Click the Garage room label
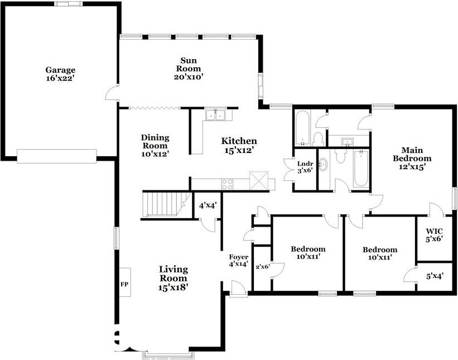(60, 74)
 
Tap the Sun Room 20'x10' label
(189, 69)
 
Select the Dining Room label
(155, 146)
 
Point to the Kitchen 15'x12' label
(239, 145)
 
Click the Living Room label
(173, 278)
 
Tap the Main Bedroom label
(412, 158)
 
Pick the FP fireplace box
(125, 282)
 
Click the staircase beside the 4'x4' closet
(166, 204)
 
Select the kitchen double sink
(215, 114)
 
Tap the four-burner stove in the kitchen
(227, 184)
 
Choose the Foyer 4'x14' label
(238, 260)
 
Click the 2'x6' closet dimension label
(262, 267)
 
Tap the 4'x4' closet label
(208, 205)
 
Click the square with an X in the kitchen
(258, 181)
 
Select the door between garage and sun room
(112, 94)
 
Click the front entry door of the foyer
(238, 289)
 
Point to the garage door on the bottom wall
(57, 156)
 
